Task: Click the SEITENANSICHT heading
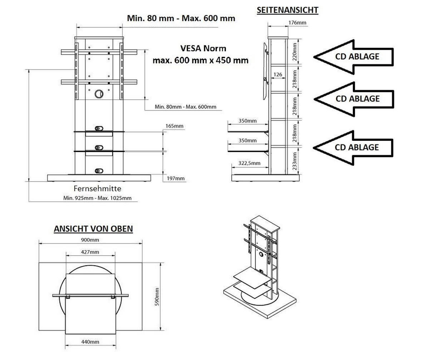click(287, 10)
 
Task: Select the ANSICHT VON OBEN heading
click(93, 229)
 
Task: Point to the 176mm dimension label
click(297, 23)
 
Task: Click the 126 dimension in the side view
click(277, 75)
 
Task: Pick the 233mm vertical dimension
click(295, 161)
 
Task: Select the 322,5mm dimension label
click(249, 163)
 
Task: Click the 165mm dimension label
click(174, 126)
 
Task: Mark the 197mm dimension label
click(176, 178)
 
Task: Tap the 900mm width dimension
click(90, 240)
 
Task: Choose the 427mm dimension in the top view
click(90, 252)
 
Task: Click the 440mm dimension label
click(90, 342)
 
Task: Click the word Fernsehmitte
click(97, 188)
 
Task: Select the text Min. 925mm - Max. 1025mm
click(97, 198)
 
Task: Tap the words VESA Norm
click(203, 48)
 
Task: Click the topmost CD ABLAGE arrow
click(353, 56)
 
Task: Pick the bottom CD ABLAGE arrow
click(353, 147)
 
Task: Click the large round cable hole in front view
click(99, 94)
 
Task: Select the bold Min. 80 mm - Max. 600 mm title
click(181, 18)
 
